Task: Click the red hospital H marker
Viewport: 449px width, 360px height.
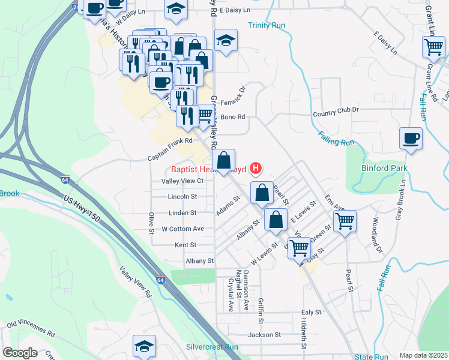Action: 256,168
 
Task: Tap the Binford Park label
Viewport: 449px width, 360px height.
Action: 384,169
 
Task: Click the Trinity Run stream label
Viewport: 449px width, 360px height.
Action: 267,26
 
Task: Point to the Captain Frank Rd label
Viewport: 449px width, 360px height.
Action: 170,141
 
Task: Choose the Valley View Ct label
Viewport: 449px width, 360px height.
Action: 183,181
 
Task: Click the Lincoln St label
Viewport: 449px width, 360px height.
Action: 182,197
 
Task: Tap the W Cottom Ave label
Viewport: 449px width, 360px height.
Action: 183,229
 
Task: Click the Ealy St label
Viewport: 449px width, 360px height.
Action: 312,312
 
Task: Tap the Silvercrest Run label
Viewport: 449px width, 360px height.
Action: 212,347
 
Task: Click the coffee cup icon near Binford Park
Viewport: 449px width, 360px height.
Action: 411,138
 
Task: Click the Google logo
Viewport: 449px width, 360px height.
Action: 20,353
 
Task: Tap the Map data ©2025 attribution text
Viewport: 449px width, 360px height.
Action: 423,355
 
